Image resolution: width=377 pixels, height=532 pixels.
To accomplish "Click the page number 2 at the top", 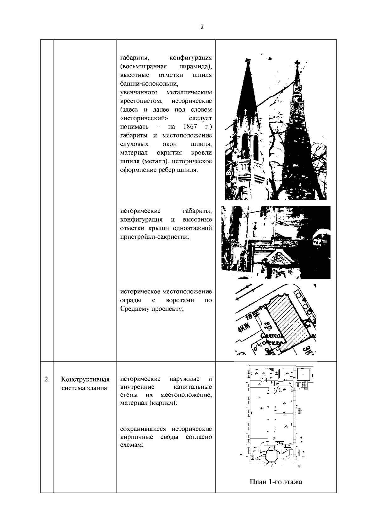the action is click(x=202, y=27).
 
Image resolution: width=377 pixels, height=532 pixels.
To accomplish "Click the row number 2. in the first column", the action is click(x=47, y=379).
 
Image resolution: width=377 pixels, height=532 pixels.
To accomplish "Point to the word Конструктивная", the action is click(x=85, y=380).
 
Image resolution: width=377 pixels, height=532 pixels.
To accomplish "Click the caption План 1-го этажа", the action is click(x=276, y=491).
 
